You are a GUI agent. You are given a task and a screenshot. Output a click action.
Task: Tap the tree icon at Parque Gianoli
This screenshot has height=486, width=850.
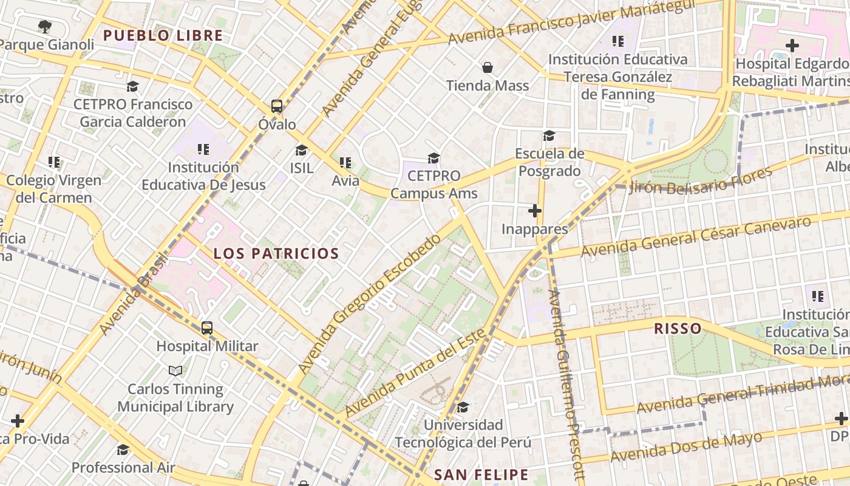(x=44, y=26)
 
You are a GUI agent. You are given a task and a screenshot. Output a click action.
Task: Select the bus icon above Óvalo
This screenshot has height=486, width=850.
(x=277, y=106)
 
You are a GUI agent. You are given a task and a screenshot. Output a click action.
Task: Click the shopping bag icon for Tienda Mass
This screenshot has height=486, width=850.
(x=488, y=67)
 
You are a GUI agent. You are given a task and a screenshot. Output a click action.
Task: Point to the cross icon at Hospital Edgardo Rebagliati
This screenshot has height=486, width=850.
(x=792, y=45)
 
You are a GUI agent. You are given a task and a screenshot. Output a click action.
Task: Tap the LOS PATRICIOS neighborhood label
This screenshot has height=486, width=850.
(x=276, y=254)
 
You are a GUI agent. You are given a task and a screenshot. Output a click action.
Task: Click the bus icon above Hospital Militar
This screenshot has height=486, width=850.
(x=207, y=328)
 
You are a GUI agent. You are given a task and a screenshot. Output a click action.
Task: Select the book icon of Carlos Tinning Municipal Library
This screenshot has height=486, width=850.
(x=175, y=370)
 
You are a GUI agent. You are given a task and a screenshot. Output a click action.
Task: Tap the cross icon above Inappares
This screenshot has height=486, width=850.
(x=535, y=211)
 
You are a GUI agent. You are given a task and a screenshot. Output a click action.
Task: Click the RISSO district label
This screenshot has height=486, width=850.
(x=678, y=329)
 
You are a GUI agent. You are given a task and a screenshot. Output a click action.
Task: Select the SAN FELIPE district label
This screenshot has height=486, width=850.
(x=481, y=474)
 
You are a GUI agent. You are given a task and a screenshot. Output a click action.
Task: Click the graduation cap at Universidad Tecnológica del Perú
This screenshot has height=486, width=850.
(x=463, y=406)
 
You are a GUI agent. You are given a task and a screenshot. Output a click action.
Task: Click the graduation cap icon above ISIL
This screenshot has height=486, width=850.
(x=301, y=150)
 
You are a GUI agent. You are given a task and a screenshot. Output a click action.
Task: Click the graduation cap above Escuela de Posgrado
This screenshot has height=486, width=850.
(x=549, y=135)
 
